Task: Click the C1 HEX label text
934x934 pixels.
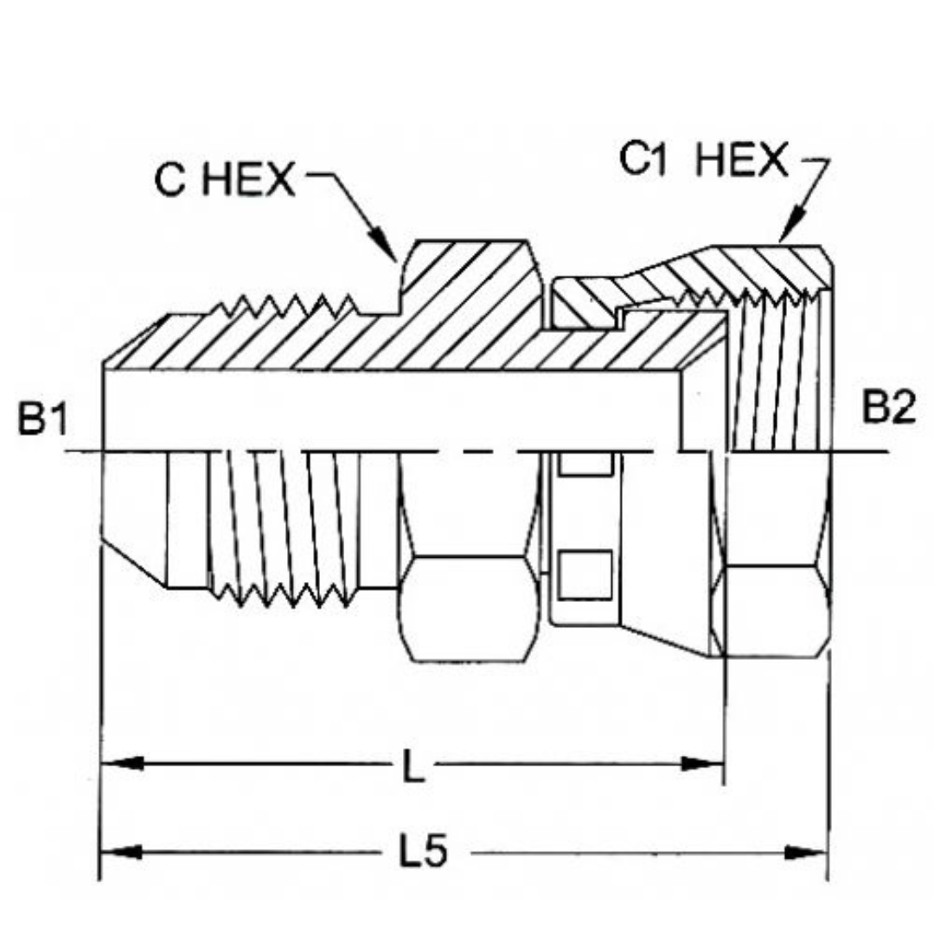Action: pos(704,162)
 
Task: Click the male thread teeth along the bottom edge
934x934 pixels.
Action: pos(285,592)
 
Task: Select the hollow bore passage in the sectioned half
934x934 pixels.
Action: pos(389,411)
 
